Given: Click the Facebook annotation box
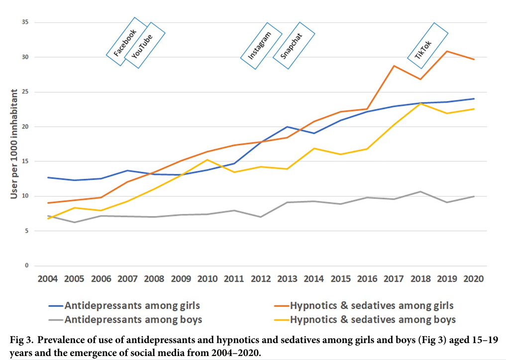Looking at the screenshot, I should (x=127, y=41).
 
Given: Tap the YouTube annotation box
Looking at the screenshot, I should (x=144, y=45).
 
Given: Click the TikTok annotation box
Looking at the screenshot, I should (x=427, y=42).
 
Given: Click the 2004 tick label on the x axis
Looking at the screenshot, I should (x=48, y=278).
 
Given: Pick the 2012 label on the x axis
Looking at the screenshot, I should (x=260, y=278).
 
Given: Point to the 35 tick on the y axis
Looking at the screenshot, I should (x=24, y=22).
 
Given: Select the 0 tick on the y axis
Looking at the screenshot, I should (x=26, y=265).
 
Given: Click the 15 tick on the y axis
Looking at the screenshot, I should (x=24, y=161).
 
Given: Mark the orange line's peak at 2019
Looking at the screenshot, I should (x=446, y=51).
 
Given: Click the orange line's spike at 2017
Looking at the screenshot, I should (x=393, y=66).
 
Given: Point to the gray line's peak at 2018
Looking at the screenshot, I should (x=420, y=191).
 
